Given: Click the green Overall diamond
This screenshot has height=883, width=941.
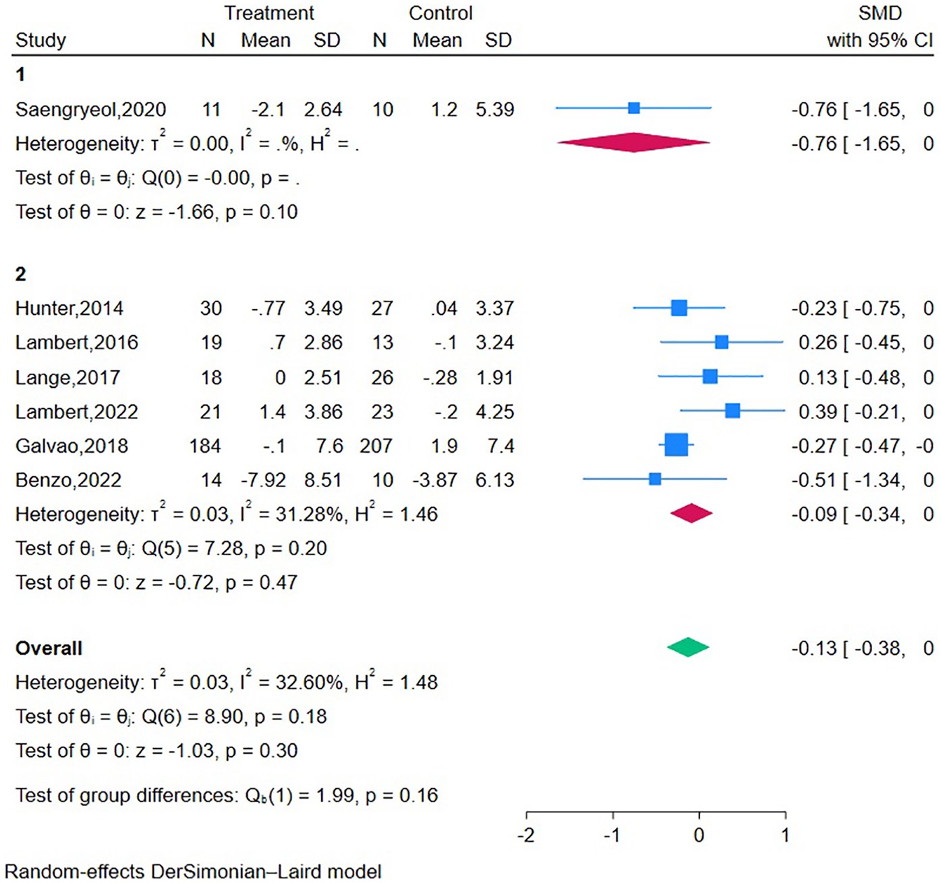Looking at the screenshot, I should coord(688,648).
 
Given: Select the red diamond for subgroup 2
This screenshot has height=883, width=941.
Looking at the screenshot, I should coord(691,513).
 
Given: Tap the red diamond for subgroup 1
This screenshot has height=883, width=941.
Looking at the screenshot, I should coord(633,142).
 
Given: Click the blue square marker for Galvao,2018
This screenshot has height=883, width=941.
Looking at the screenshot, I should coord(676,445).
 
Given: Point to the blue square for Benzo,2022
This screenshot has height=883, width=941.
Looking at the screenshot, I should coord(654,480).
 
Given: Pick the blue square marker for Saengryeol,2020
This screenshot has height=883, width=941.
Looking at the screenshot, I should coord(633,108).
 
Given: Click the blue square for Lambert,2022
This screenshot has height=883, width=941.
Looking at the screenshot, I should coord(733,410).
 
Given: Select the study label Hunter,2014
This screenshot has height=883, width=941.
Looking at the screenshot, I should coord(69,308).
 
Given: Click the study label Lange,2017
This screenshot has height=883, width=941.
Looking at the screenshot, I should coord(67,377).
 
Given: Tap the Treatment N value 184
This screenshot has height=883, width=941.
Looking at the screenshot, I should coord(205,446).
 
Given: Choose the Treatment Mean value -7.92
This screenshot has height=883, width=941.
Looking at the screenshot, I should coord(263,480).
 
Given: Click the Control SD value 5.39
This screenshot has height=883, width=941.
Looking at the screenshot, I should coord(494,109).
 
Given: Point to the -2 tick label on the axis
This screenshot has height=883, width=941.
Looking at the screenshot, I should coord(525,835).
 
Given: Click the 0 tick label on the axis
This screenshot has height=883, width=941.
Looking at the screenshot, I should coord(699,835).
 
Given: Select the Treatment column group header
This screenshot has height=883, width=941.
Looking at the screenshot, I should coord(269,13).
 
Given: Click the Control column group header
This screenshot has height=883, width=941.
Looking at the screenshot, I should coord(440,13).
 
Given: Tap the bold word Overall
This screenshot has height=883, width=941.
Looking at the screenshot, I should coord(49,648).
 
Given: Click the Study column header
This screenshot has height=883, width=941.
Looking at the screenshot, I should coord(40,40).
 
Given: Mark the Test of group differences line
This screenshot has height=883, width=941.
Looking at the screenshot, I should coord(227,795).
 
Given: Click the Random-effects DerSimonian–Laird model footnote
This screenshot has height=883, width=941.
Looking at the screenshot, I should coord(193,871).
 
